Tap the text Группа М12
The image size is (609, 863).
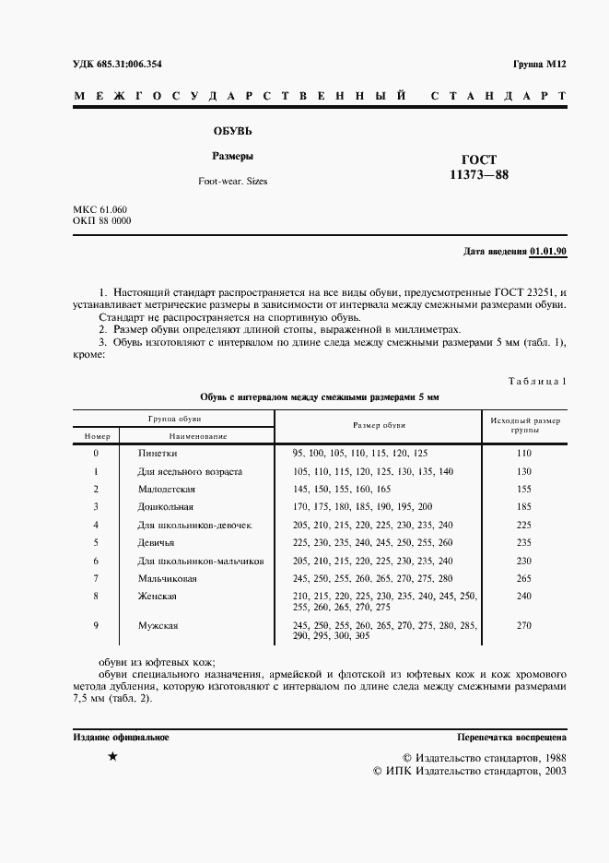coord(539,65)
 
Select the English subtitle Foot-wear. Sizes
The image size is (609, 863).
coord(232,182)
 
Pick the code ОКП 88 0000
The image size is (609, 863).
coord(101,222)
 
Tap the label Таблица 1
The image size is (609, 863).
coord(537,381)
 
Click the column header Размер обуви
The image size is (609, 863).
coord(379,425)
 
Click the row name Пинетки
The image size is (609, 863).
coord(158,454)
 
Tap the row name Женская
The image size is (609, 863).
coord(157,597)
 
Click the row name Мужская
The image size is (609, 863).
coord(158,626)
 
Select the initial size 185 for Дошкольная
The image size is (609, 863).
coord(524,507)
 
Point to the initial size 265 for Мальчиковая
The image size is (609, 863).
coord(524,578)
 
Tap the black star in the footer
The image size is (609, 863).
coord(112,756)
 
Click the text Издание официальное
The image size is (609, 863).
coord(121,738)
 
